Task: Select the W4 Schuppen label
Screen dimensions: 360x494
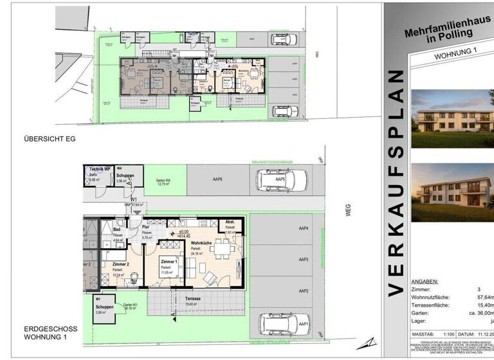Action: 125,175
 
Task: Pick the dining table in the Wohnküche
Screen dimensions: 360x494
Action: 222,248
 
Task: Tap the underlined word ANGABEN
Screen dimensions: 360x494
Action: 424,281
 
